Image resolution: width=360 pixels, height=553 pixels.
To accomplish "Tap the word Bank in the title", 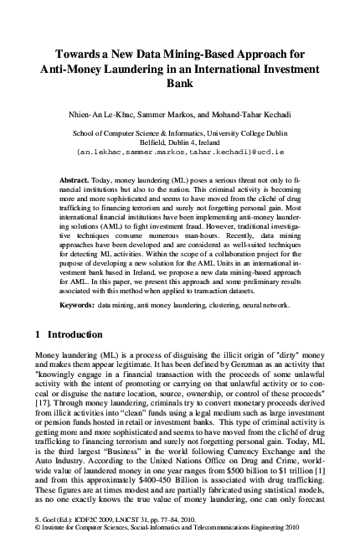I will point(180,85).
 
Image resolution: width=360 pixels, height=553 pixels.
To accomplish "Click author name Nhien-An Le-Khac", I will point(112,112).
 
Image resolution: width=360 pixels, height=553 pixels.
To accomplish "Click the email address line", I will point(180,153).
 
